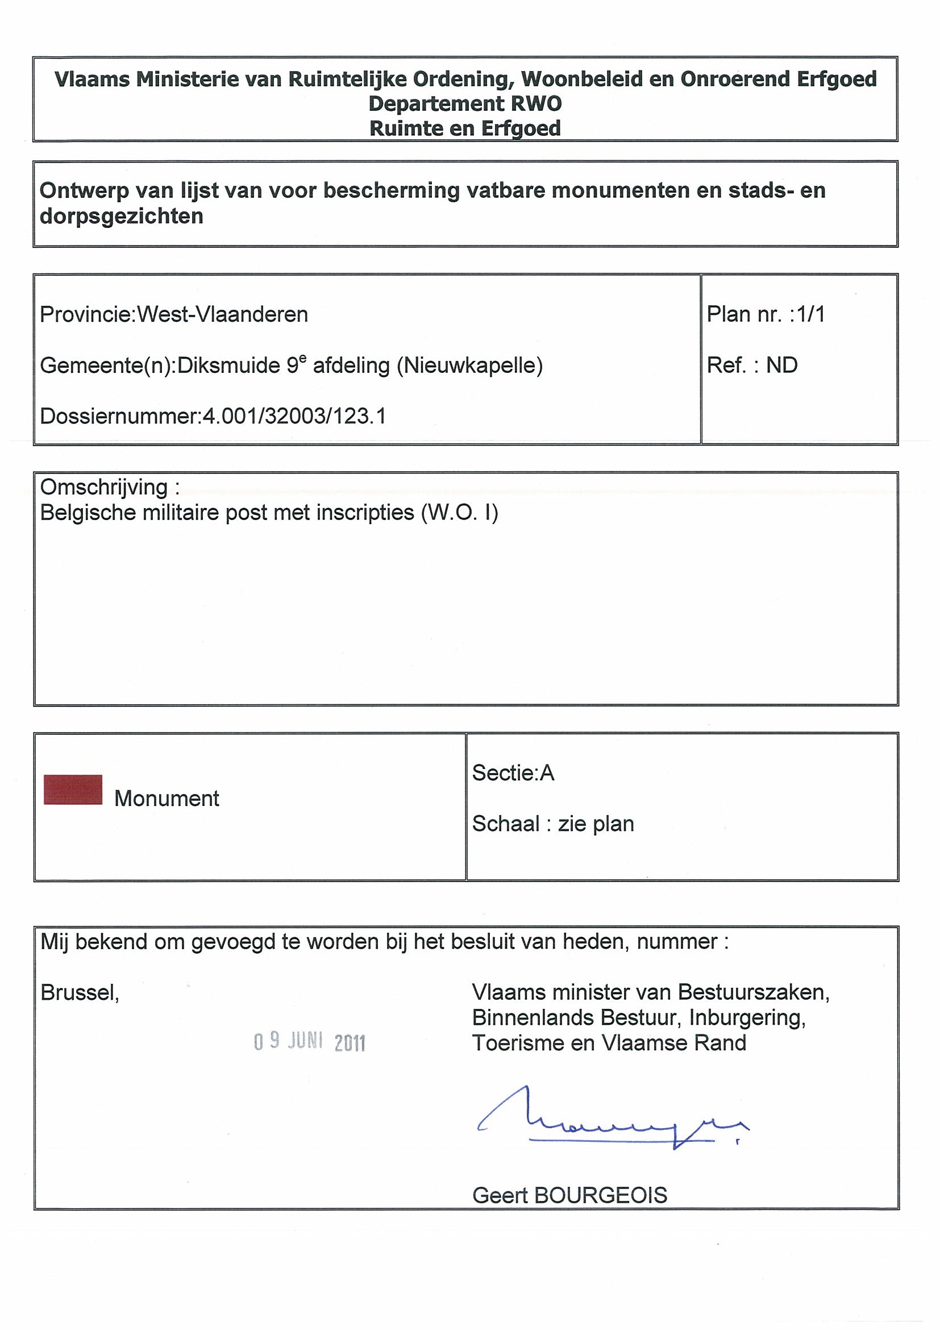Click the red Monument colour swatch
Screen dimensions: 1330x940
tap(73, 789)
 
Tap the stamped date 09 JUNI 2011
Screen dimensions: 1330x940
tap(309, 1042)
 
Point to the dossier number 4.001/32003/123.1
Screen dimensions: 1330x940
tap(294, 416)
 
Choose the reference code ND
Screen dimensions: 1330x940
tap(782, 365)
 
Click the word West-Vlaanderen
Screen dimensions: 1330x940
tap(222, 314)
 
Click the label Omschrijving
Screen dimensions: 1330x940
tap(104, 488)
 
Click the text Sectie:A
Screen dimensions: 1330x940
tap(513, 773)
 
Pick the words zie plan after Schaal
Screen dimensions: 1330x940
tap(596, 824)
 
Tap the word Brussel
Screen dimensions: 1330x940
tap(80, 992)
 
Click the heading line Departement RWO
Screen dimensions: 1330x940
tap(465, 103)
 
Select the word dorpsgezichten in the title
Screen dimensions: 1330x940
tap(122, 216)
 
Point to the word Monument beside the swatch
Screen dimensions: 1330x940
tap(167, 798)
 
